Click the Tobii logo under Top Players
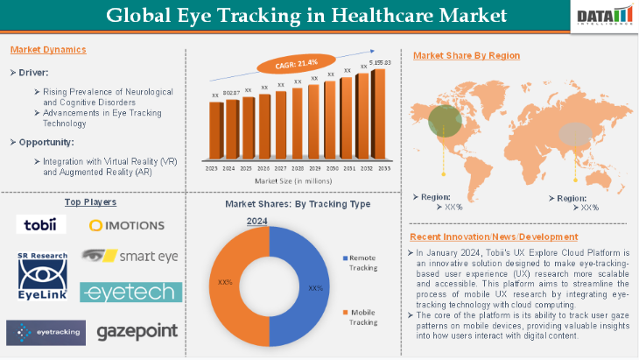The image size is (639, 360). pos(40,224)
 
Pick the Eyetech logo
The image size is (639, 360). pos(130,292)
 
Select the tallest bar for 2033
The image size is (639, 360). pos(379,114)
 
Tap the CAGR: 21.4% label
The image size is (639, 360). pos(297,63)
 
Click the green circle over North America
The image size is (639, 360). pos(446,121)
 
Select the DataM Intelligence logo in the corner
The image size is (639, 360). pos(605,16)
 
